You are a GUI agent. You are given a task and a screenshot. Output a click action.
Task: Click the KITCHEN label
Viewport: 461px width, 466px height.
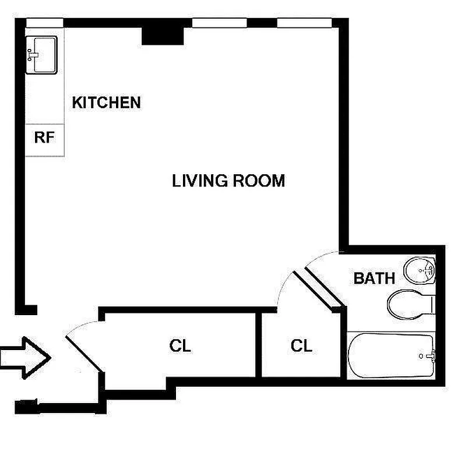(106, 103)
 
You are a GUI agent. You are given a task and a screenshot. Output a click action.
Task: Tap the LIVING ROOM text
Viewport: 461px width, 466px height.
(228, 181)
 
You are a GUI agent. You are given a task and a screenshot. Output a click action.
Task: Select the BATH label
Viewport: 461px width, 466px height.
(374, 278)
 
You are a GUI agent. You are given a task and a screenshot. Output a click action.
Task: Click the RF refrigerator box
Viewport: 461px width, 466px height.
(44, 139)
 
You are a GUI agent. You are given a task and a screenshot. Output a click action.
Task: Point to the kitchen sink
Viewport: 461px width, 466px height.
(41, 55)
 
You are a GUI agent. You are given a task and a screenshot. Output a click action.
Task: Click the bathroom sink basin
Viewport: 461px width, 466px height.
(420, 271)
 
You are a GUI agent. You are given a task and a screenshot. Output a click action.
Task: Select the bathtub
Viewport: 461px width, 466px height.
(390, 356)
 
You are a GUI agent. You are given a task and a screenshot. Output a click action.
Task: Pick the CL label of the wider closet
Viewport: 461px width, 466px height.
(180, 346)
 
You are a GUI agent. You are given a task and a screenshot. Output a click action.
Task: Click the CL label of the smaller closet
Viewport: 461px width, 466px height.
(301, 346)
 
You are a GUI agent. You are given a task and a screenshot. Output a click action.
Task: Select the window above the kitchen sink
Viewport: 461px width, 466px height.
(44, 23)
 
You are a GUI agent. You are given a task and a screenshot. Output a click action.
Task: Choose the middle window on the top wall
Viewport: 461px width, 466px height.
(220, 23)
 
